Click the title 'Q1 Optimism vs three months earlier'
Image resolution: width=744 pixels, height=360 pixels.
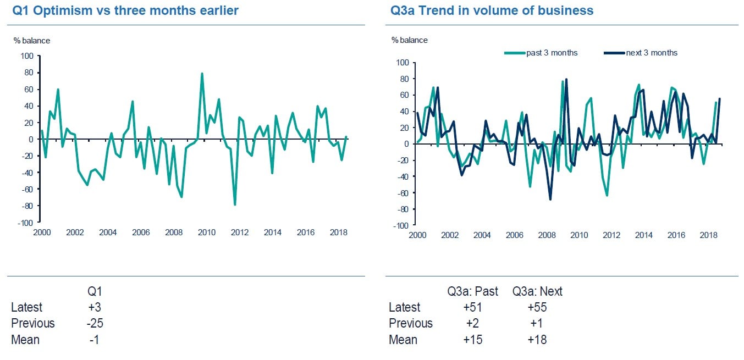click(125, 10)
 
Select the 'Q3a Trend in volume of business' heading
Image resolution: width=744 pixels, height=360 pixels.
click(492, 10)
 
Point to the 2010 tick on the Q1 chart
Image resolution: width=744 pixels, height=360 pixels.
click(207, 232)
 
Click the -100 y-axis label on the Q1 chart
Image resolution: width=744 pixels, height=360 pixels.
click(26, 223)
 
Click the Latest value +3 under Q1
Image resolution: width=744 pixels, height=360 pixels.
click(95, 307)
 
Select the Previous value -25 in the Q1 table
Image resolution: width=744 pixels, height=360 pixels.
click(95, 323)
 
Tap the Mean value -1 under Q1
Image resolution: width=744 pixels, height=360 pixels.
click(95, 340)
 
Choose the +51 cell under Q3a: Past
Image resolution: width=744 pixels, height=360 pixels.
click(473, 307)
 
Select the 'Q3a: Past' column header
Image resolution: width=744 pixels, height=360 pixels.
click(472, 291)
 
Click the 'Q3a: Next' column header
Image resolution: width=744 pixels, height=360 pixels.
click(537, 291)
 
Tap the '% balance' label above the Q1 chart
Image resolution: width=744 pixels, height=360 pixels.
click(31, 41)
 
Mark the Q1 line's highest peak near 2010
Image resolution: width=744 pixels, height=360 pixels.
click(202, 73)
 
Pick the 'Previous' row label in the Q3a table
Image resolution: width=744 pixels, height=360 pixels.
click(410, 323)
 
